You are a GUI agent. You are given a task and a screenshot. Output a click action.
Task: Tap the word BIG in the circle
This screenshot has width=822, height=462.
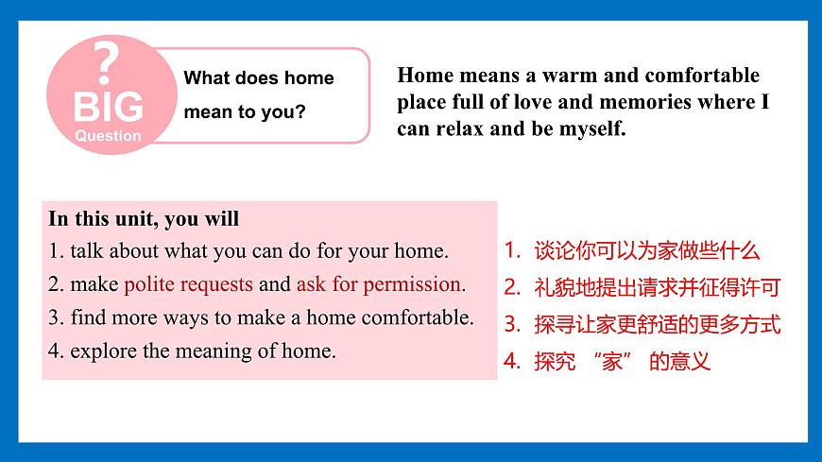109,107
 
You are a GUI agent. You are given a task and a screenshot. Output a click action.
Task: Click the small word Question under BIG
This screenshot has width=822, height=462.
108,135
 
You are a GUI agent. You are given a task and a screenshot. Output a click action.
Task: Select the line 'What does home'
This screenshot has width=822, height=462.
258,78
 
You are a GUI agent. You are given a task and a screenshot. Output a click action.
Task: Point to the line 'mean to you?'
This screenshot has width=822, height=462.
244,112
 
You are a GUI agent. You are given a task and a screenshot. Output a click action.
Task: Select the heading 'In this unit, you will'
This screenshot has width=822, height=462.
144,219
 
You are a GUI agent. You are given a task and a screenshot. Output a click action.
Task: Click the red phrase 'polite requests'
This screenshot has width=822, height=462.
188,284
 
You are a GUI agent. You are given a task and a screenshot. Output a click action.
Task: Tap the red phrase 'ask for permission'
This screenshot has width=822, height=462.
379,284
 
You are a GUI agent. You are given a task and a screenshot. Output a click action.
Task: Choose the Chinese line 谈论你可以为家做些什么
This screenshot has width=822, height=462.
646,251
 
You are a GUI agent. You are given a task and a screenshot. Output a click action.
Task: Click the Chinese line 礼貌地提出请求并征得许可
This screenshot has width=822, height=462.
657,288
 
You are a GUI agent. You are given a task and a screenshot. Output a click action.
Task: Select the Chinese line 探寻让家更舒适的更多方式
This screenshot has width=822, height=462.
657,325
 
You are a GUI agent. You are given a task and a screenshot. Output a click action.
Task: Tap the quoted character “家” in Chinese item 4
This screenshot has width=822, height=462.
612,361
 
